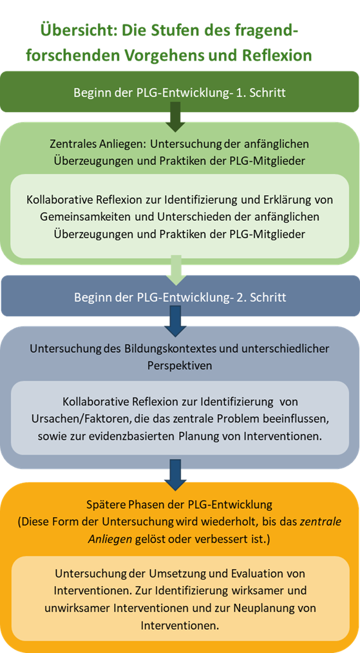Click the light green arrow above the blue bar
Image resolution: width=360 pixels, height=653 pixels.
coord(176,270)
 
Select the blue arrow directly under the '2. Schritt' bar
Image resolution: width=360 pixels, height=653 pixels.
coord(176,321)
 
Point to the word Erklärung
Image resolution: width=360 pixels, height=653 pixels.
coord(287,200)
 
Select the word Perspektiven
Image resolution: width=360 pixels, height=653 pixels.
coord(180,366)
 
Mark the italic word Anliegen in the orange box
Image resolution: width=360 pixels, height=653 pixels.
coord(108,540)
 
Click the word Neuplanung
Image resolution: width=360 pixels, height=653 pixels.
coord(266,609)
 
